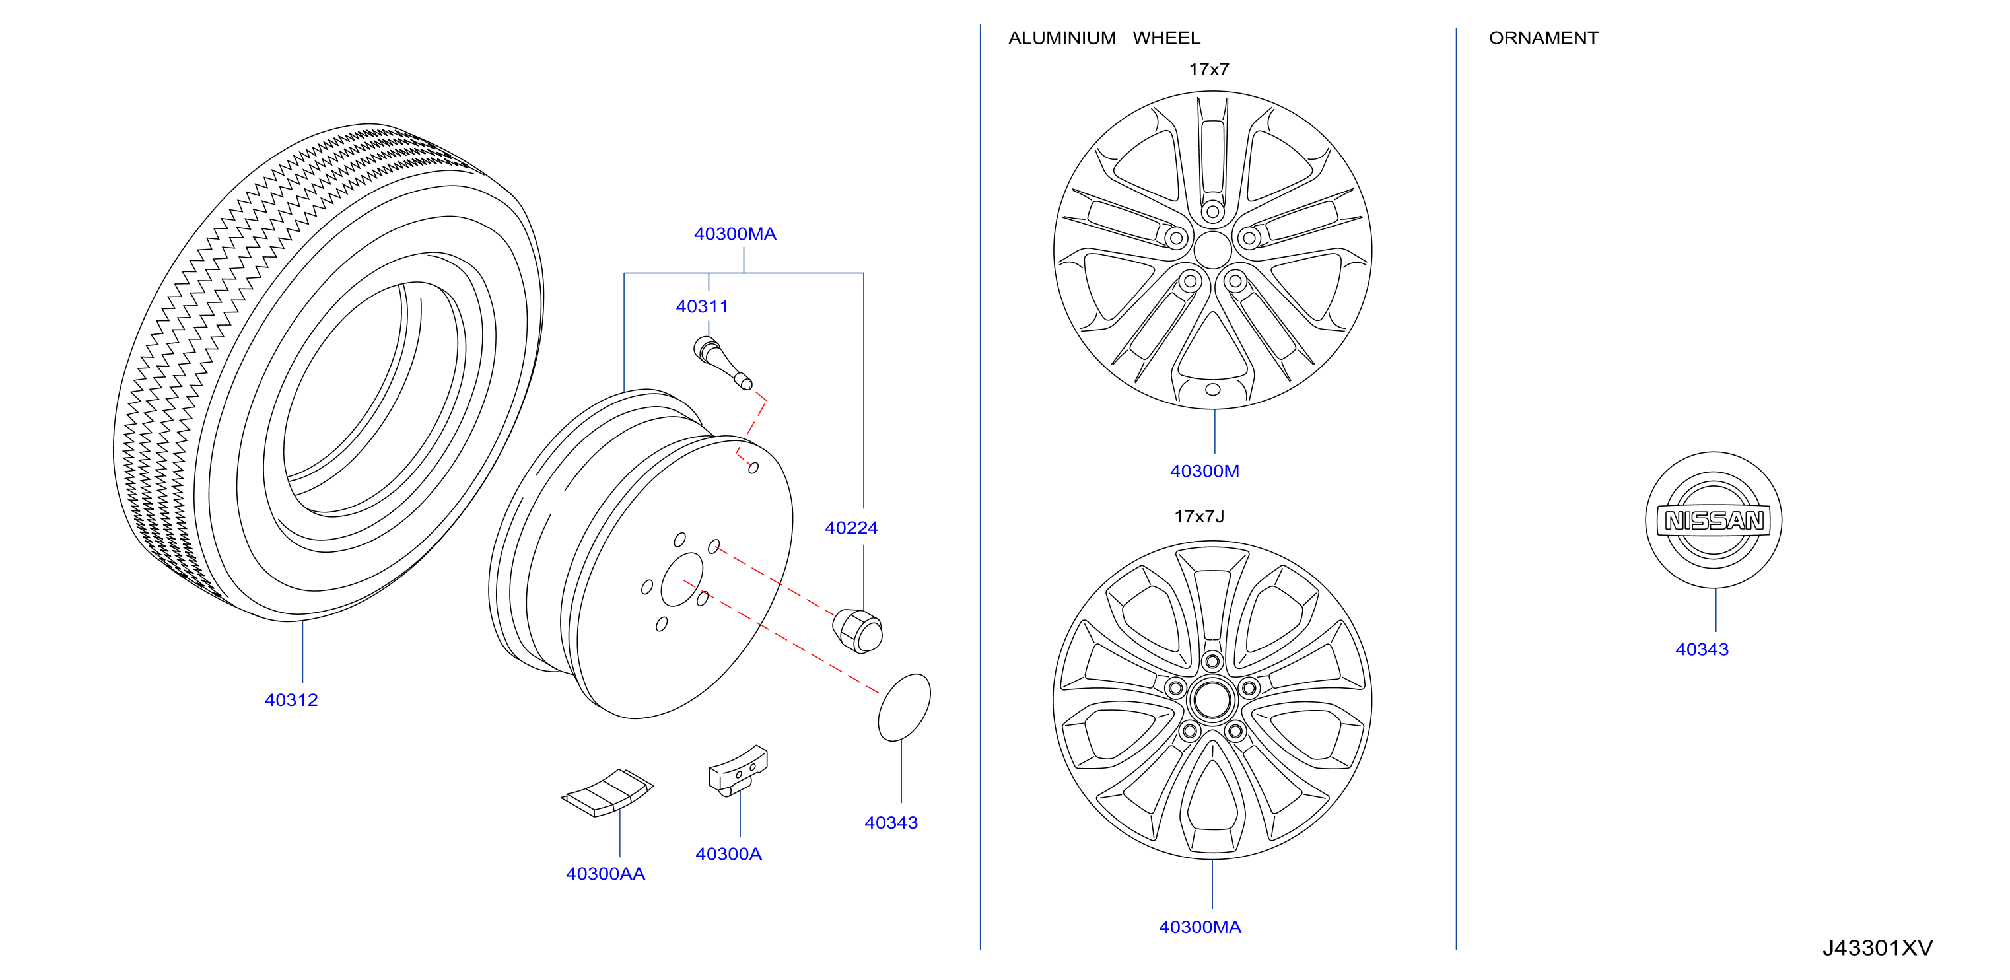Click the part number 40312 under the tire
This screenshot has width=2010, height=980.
291,700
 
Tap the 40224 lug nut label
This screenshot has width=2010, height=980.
851,528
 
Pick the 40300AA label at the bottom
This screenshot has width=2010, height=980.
606,874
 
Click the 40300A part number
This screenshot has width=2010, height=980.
729,855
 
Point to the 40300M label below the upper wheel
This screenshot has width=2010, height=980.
1205,472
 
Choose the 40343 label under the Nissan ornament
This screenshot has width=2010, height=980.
1702,649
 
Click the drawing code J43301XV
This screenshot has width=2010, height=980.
1877,948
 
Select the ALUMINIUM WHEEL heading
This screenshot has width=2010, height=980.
1104,38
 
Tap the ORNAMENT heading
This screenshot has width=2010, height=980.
1543,38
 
